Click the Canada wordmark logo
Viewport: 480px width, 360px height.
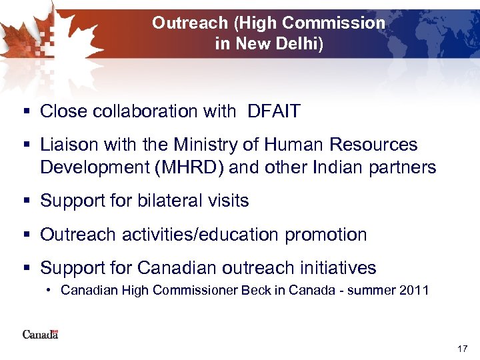(40, 333)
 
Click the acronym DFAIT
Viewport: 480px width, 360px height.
(274, 112)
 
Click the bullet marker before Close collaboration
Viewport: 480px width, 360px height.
(25, 112)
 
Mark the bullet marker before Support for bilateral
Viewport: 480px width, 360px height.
(25, 201)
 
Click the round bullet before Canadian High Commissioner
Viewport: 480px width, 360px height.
(51, 291)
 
